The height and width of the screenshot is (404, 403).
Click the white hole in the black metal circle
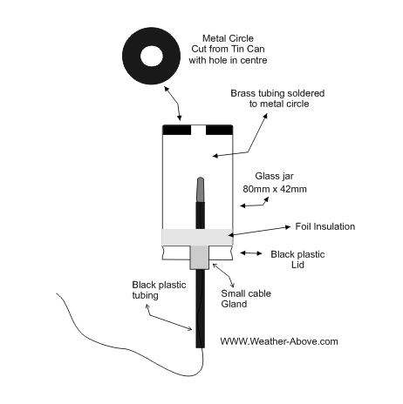point(152,56)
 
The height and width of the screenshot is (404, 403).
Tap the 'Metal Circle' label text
point(228,38)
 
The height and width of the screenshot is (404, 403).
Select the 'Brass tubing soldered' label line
point(277,93)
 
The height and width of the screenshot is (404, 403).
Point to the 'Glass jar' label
point(274,176)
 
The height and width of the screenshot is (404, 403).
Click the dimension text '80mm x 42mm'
point(275,189)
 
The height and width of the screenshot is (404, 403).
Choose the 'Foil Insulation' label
point(325,226)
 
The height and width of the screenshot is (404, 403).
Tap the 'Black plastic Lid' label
point(297,259)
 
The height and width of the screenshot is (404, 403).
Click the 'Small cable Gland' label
point(246,299)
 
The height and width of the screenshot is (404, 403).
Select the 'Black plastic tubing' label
point(159,290)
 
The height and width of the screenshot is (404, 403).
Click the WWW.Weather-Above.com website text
point(279,341)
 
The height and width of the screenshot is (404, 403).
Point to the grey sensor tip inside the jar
point(200,189)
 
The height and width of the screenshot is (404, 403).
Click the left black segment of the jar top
point(177,130)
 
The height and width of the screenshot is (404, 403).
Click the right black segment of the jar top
point(219,130)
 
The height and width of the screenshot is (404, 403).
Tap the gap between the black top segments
point(198,130)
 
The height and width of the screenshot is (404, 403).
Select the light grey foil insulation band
point(197,237)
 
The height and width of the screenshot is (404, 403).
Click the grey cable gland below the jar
point(200,257)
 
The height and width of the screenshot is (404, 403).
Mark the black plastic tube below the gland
point(200,308)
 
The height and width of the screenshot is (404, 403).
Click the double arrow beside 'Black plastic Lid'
point(251,253)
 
